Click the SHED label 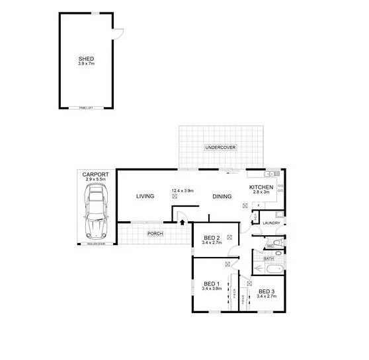coord(86,58)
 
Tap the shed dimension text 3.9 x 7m coord(86,63)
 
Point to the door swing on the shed coord(119,33)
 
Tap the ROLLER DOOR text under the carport coord(96,244)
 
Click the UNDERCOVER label coord(220,147)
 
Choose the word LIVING coord(145,196)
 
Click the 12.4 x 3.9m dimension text coord(182,191)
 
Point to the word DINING coord(222,196)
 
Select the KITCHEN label coord(261,188)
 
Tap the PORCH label coord(155,234)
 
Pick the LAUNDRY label coord(272,223)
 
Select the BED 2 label coord(212,238)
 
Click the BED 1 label coord(212,284)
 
